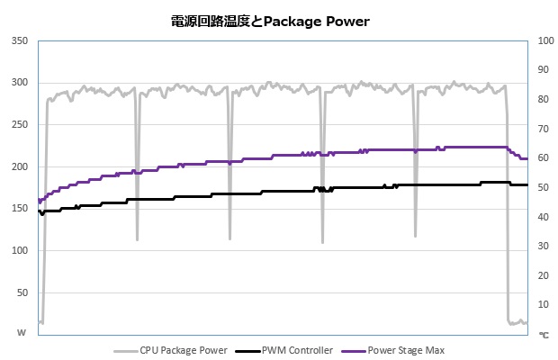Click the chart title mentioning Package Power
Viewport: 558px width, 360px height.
pos(269,21)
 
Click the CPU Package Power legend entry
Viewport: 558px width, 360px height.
pos(184,350)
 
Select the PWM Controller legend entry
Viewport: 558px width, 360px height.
pos(296,350)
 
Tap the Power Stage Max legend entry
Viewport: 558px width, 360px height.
pos(406,350)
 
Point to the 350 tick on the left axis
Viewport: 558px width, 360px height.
pos(19,40)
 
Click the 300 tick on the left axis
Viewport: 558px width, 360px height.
pos(19,83)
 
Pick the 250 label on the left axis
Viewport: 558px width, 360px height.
pos(19,125)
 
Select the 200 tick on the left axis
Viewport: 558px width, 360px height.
pos(19,166)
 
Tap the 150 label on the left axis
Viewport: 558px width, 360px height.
pos(19,209)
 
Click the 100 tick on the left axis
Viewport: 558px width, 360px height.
pos(19,251)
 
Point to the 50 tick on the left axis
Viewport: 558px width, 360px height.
pos(22,292)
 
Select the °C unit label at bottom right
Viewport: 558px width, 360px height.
pos(543,334)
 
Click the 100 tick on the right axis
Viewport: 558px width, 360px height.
pos(544,40)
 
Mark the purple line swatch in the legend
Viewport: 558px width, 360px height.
pos(354,350)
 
